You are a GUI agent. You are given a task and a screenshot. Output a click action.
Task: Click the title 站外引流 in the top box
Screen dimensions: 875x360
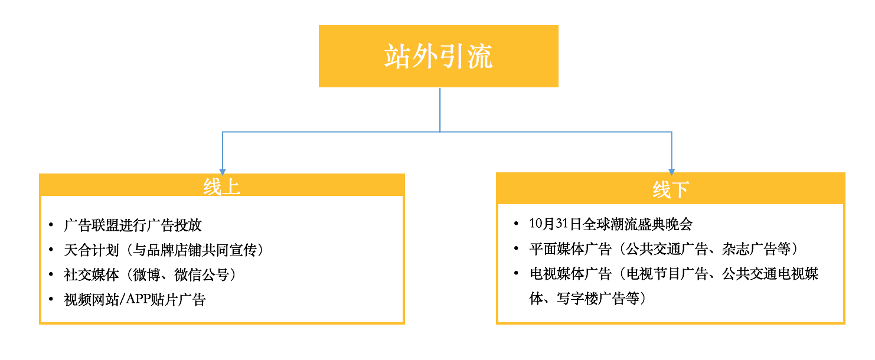click(x=438, y=56)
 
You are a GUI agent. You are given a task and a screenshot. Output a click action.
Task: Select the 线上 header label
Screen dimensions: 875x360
click(x=221, y=186)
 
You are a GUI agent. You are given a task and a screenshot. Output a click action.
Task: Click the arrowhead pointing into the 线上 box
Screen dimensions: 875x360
click(x=223, y=172)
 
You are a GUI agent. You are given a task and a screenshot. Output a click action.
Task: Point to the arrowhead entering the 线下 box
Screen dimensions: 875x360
click(x=671, y=172)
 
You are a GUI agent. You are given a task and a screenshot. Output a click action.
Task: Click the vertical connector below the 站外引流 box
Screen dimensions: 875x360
click(x=440, y=110)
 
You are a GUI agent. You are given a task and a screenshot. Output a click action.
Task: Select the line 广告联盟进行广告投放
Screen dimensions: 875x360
click(x=133, y=225)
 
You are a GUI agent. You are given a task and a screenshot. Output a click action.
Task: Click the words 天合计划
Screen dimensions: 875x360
click(x=91, y=250)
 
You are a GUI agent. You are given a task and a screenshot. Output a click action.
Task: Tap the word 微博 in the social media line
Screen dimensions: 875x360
click(x=146, y=275)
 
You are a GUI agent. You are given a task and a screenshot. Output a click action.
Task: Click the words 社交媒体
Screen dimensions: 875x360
click(x=91, y=275)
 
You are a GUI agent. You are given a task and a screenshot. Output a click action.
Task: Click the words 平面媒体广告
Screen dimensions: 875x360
click(x=570, y=249)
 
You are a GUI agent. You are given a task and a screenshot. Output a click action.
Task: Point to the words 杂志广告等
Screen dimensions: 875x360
click(x=756, y=249)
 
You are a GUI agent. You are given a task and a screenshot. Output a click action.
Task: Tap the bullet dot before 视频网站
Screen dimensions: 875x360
click(x=51, y=299)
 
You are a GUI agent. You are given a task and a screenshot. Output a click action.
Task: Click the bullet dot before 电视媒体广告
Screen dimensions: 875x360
click(x=516, y=273)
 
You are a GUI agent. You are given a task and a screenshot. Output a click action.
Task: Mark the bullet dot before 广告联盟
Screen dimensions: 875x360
click(x=51, y=225)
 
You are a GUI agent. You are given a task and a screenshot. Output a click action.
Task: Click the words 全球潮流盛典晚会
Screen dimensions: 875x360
click(x=637, y=224)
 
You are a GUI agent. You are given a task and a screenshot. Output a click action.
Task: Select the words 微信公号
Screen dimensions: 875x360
click(x=201, y=275)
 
